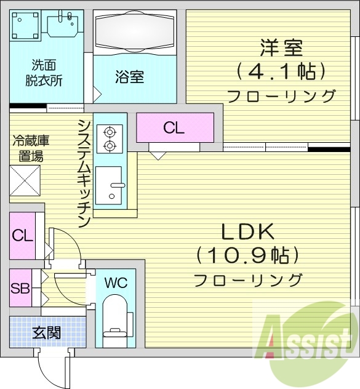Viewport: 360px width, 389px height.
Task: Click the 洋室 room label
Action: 281,47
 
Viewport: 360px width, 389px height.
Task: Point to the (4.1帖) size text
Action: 281,71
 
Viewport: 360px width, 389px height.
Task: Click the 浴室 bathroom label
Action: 129,77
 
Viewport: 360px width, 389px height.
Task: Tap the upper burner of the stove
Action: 110,131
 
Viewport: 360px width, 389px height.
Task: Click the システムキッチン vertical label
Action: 84,172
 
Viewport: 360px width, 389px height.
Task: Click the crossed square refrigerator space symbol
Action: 25,182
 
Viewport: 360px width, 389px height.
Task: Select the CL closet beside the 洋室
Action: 174,128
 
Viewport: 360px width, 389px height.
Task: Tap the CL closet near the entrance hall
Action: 23,236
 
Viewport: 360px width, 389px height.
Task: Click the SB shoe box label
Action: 21,287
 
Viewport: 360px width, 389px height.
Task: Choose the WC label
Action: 115,283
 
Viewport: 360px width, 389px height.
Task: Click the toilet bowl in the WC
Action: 115,313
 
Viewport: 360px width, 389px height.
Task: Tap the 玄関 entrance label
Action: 46,333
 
